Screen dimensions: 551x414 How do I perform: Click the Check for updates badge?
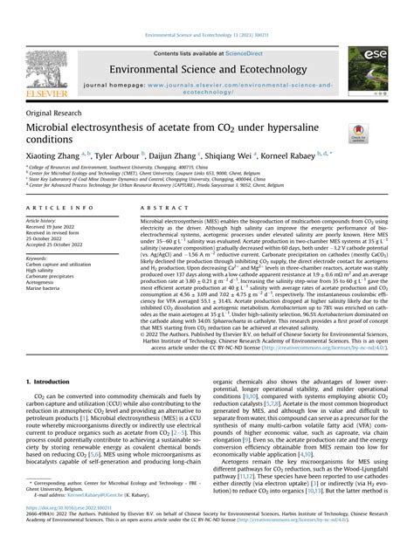357,134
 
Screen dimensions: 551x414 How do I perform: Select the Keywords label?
45,258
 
